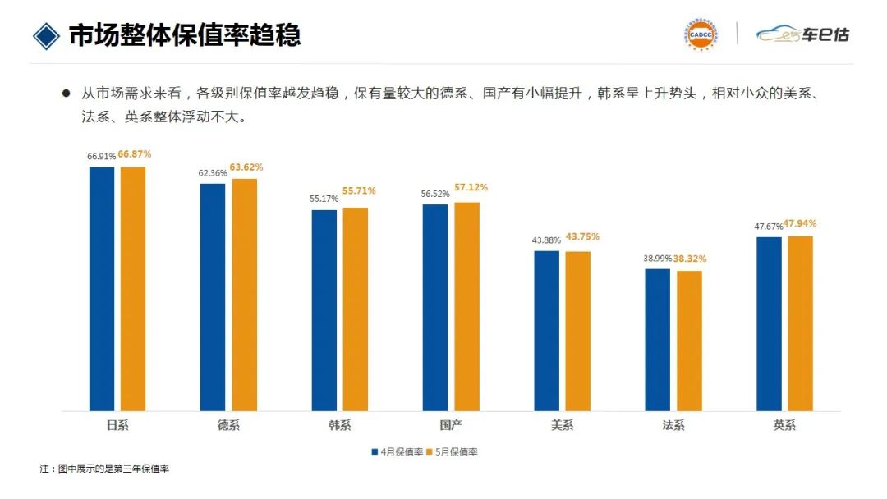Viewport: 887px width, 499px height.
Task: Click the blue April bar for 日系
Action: point(102,288)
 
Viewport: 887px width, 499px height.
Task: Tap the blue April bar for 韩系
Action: point(324,309)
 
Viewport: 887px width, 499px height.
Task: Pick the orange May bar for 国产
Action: point(466,306)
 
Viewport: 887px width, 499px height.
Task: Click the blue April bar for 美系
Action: point(546,330)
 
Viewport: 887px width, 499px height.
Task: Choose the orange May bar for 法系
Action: point(689,341)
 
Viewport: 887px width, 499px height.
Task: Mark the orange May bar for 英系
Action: point(800,323)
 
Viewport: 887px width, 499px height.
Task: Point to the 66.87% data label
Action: point(135,154)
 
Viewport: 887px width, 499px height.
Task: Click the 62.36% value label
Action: point(212,173)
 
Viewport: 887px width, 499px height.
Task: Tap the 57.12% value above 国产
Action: point(470,188)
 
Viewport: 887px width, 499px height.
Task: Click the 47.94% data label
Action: point(801,223)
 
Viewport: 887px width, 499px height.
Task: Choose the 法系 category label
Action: point(673,425)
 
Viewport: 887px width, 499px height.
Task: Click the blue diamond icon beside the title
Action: point(46,35)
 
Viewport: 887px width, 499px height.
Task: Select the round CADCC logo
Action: point(701,34)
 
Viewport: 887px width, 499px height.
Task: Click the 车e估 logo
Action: point(802,34)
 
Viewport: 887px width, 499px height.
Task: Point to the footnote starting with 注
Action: point(104,469)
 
